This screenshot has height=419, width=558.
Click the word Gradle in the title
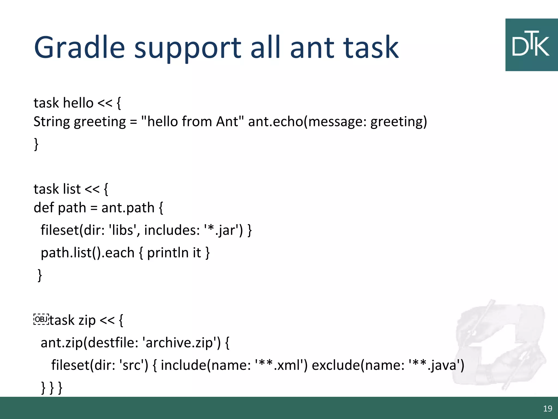coord(79,48)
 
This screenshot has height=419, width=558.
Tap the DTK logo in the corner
coord(531,45)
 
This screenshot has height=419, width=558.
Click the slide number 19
coord(547,408)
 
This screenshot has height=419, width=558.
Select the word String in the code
coord(52,122)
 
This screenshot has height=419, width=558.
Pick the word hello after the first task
coord(78,103)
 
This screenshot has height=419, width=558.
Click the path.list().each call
coord(87,253)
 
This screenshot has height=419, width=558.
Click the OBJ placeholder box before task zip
coord(41,319)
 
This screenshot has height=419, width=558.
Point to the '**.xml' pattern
coord(279,365)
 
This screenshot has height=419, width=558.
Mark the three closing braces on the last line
coord(52,387)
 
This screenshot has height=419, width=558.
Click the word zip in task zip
coord(87,320)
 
